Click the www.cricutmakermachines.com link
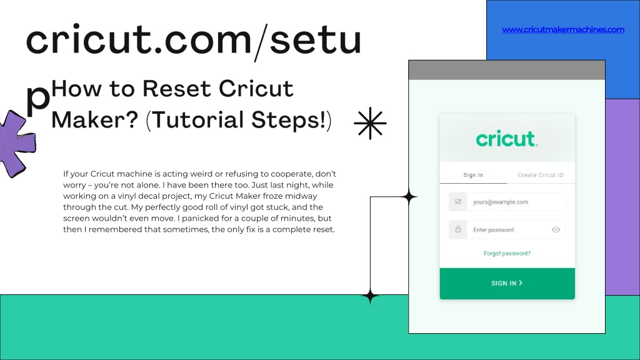pos(563,29)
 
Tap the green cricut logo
pos(507,139)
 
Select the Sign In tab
pos(473,175)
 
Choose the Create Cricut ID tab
pos(541,175)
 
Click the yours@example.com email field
pos(516,202)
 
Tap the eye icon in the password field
pos(556,230)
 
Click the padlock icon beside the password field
pos(458,229)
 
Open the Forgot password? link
pos(507,254)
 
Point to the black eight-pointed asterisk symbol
pos(370,123)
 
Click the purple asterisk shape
pos(16,144)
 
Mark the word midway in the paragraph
pos(301,196)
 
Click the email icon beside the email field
pos(458,202)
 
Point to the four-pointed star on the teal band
pos(370,296)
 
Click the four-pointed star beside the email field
pos(409,197)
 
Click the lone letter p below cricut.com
pos(37,100)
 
